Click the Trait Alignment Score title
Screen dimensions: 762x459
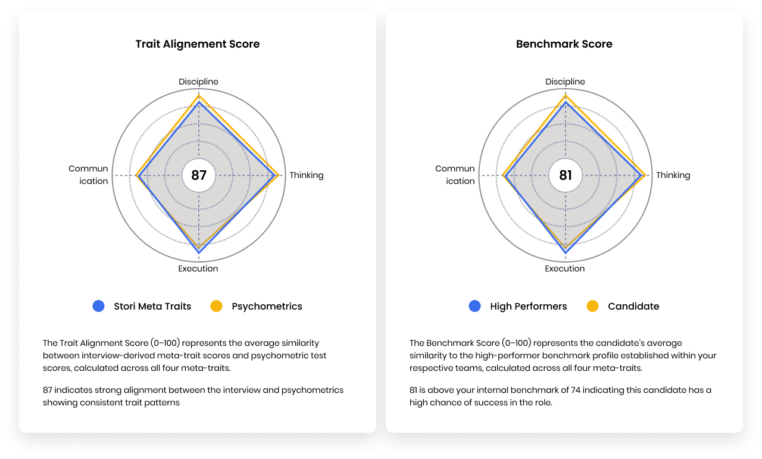pos(198,44)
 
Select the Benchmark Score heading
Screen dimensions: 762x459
pos(564,44)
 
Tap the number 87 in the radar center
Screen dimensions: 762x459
pos(199,176)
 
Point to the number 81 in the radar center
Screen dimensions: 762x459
pos(566,176)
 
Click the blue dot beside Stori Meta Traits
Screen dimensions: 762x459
pos(99,306)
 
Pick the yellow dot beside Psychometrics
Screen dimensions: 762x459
pos(217,306)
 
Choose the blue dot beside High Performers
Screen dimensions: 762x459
pos(475,306)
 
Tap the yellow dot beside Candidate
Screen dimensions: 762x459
pos(593,306)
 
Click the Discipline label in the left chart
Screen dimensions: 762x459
pos(199,82)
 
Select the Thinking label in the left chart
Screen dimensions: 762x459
pos(307,175)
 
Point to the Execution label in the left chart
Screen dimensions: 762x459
pos(198,268)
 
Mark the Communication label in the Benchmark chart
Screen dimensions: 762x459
pos(455,175)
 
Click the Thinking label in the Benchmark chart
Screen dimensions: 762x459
pos(673,175)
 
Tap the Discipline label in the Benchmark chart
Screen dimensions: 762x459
pos(566,82)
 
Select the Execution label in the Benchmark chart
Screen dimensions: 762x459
pos(565,268)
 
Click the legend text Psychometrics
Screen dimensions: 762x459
pos(267,307)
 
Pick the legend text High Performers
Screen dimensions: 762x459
pos(529,307)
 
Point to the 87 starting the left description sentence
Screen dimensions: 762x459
pos(48,390)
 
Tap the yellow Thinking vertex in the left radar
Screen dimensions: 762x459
pos(279,176)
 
